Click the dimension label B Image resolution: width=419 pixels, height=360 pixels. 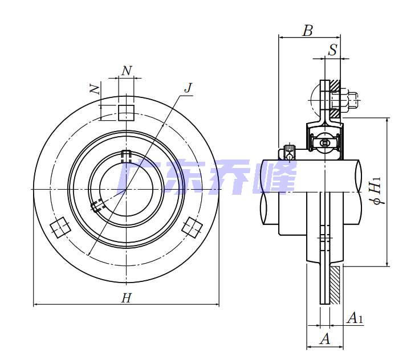[x=307, y=30]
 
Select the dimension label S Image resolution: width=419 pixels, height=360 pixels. [x=332, y=50]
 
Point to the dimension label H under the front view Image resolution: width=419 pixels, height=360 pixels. [x=127, y=297]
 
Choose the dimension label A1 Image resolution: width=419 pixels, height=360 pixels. [x=355, y=318]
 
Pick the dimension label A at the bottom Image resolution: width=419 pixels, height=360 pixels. [x=325, y=338]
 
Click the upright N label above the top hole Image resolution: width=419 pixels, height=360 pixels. [x=127, y=71]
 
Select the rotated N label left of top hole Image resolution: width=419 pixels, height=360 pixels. [x=95, y=89]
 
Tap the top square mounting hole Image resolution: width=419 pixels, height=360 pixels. [x=127, y=112]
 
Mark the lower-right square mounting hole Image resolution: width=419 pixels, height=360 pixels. [x=192, y=227]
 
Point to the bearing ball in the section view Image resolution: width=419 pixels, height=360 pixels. [x=325, y=142]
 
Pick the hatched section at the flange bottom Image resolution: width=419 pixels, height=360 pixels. [x=336, y=285]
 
